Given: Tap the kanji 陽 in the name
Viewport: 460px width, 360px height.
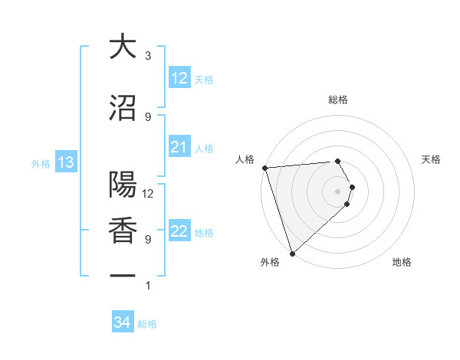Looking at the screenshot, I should (123, 185).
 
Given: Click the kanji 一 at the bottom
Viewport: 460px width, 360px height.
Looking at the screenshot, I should (123, 276).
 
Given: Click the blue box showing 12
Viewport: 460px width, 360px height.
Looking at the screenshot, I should (179, 78).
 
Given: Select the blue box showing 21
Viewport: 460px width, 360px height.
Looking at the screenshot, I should (179, 147).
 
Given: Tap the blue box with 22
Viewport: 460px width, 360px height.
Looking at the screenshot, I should (179, 232).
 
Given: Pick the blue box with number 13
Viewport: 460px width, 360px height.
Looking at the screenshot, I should (65, 162).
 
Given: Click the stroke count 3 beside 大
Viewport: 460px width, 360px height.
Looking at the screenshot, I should (148, 56).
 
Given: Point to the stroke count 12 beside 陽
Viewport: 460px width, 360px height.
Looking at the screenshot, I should (148, 194).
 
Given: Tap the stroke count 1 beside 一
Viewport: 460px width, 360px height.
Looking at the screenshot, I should (148, 286).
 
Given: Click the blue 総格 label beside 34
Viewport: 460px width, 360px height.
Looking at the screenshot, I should (147, 324).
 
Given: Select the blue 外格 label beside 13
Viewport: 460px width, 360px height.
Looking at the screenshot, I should (40, 163).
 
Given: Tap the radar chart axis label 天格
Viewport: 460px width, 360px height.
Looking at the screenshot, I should (431, 159).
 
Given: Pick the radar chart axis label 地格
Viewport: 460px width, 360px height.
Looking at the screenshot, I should (402, 262).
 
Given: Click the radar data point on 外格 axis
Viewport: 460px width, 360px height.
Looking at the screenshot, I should (292, 253).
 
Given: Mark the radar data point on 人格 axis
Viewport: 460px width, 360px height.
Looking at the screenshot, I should (264, 168).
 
